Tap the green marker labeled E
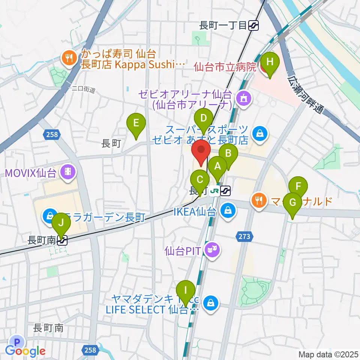pos(136,123)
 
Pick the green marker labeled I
pos(185,291)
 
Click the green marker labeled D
pos(204,118)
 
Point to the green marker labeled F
pos(298,186)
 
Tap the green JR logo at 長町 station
pos(214,191)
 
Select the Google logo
pos(25,351)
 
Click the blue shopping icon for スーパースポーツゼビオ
pos(258,133)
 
